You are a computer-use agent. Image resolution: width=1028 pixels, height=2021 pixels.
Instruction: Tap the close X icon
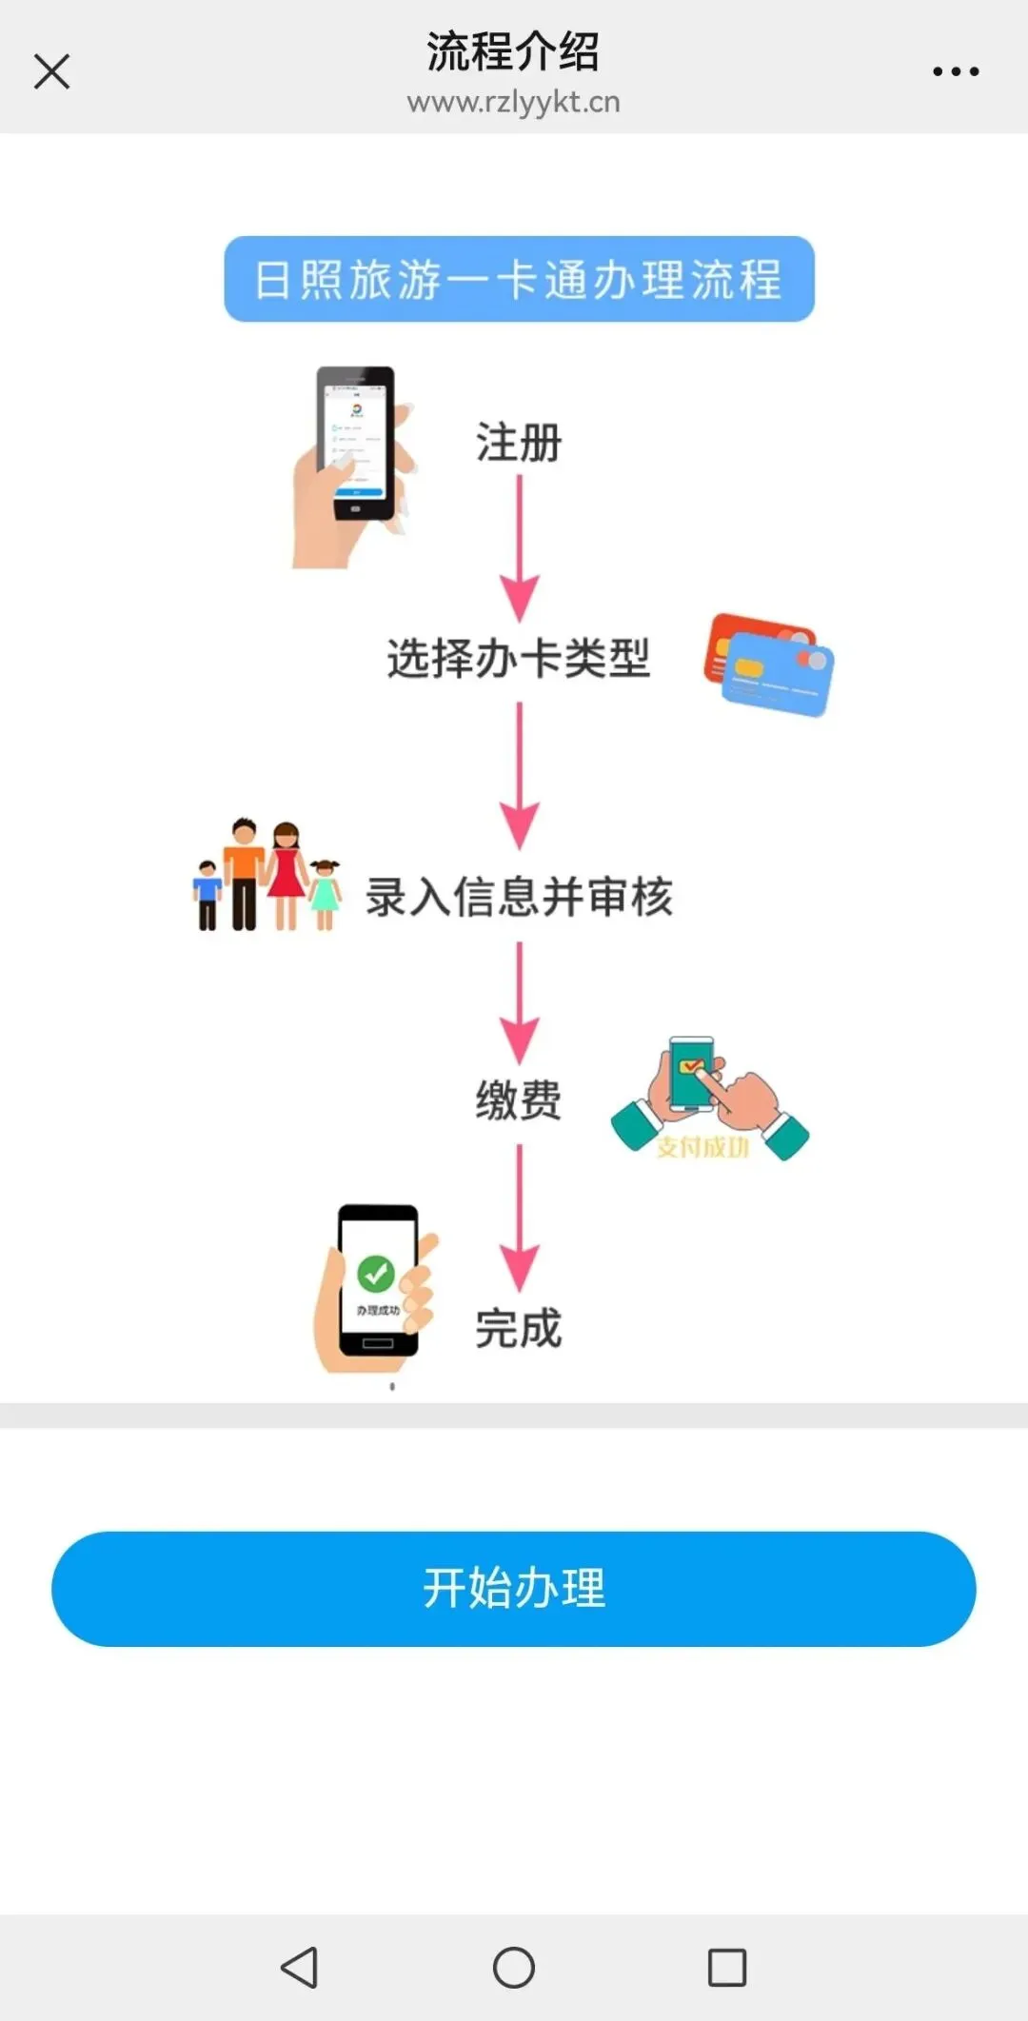pos(51,71)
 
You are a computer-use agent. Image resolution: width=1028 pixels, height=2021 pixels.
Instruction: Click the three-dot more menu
pos(956,71)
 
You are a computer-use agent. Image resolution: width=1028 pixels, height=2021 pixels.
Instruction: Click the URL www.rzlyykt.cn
pos(513,102)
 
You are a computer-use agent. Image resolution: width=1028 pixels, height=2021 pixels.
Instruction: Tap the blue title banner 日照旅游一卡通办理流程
pos(519,279)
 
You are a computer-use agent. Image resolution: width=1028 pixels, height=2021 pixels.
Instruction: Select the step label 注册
pos(519,443)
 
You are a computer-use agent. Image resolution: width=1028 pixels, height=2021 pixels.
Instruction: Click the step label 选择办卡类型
pos(519,658)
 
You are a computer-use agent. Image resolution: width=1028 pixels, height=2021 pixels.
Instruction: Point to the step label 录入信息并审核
pos(519,897)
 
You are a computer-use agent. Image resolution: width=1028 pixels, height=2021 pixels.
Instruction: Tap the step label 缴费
pos(519,1100)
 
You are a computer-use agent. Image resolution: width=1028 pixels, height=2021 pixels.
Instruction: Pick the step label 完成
pos(519,1328)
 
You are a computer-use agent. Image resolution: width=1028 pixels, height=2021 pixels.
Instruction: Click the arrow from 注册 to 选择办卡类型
pos(519,547)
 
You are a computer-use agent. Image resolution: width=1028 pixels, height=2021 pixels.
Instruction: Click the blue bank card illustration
pos(779,677)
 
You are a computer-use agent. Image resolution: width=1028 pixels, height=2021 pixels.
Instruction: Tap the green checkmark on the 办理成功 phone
pos(376,1272)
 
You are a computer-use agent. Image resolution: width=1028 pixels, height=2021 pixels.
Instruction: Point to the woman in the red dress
pos(286,871)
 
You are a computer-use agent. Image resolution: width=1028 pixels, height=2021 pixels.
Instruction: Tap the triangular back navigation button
pos(300,1967)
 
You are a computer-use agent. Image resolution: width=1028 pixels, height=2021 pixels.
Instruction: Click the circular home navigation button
pos(514,1967)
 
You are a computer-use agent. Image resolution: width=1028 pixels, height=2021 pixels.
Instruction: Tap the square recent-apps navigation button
pos(727,1967)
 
